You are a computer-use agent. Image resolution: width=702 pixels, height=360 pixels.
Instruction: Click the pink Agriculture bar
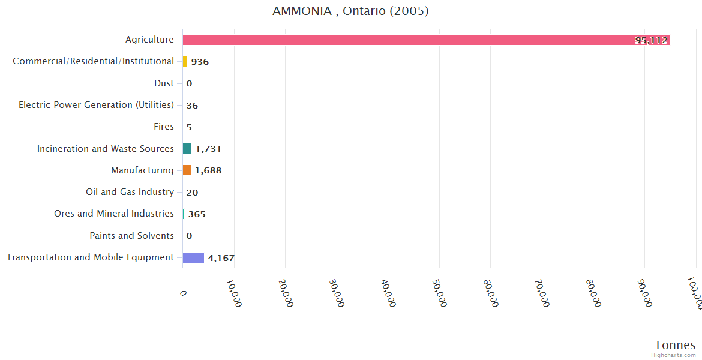[x=420, y=40]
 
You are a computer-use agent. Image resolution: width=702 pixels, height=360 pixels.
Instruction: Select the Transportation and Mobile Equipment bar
[x=193, y=257]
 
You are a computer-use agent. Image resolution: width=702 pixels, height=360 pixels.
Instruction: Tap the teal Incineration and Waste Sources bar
[x=187, y=149]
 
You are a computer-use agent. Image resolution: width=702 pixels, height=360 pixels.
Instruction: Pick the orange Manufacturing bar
[x=187, y=170]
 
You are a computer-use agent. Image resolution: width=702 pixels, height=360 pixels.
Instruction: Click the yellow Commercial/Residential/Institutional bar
[x=185, y=62]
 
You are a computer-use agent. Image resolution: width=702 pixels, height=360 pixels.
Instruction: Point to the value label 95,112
[x=651, y=40]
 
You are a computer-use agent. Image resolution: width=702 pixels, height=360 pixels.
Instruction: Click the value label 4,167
[x=221, y=258]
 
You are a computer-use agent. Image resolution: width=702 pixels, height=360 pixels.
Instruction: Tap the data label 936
[x=200, y=62]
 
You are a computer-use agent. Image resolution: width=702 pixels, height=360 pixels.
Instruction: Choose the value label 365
[x=197, y=214]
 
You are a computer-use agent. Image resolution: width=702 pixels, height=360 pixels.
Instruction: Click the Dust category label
[x=164, y=83]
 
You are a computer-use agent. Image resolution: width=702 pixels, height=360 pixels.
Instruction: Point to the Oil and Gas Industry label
[x=130, y=192]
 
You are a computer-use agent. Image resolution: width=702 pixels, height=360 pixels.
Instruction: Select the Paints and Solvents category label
[x=131, y=236]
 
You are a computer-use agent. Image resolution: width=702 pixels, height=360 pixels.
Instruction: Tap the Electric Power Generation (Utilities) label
[x=96, y=105]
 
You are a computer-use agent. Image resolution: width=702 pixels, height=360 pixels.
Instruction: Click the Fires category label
[x=164, y=127]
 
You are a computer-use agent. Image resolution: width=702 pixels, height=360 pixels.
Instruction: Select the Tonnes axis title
[x=674, y=345]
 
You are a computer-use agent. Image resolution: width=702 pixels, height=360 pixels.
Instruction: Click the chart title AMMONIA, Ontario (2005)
[x=350, y=11]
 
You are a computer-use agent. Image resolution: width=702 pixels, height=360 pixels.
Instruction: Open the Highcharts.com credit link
[x=674, y=355]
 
